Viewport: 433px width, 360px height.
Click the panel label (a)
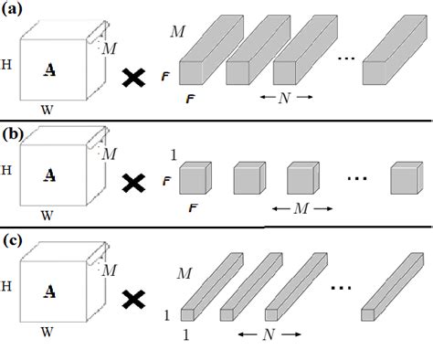15,13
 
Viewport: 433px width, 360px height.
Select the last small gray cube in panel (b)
404,179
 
